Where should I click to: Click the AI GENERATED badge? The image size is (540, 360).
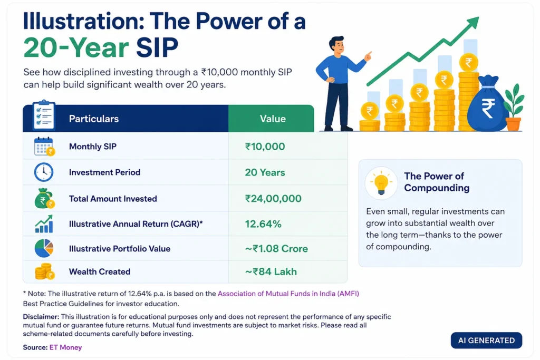pos(486,340)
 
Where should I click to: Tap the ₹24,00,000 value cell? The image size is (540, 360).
pos(273,199)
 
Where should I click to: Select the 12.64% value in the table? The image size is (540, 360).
pos(263,224)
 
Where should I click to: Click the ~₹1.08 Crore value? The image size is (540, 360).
pos(276,248)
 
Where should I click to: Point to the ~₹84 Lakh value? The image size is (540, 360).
pos(271,271)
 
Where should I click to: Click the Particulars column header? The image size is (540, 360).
pos(94,119)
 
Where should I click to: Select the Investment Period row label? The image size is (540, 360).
pos(105,172)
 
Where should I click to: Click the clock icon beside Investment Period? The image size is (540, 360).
pos(44,172)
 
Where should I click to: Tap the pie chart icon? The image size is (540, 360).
pos(44,248)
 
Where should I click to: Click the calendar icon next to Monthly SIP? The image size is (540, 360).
pos(44,147)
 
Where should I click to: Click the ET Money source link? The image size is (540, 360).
pos(65,347)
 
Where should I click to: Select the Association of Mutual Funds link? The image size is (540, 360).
pos(288,294)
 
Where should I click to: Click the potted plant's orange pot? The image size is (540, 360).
pos(513,124)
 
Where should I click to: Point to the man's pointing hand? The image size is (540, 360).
pos(369,56)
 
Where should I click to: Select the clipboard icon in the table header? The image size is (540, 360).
pos(44,115)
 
